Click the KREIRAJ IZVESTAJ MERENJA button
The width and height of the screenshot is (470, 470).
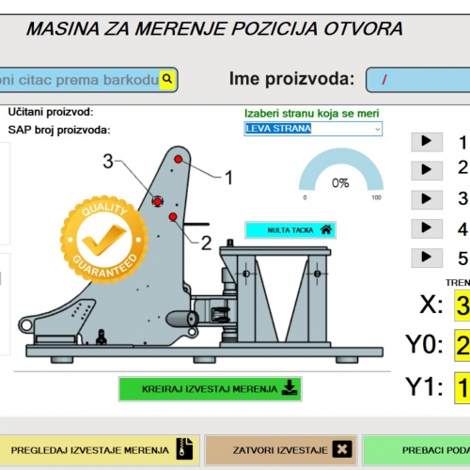211,388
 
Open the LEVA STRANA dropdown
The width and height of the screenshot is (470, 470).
313,128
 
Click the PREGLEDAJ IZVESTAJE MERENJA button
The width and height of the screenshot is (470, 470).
99,450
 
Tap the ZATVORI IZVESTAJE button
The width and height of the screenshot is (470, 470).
281,450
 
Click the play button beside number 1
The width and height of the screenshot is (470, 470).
426,142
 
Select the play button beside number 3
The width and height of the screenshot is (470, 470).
426,199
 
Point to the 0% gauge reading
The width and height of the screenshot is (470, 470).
339,182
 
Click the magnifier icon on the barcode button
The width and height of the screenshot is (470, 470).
167,79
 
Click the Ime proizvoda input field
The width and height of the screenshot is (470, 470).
417,79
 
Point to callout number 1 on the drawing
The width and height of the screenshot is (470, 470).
227,175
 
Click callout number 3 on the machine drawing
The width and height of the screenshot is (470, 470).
108,162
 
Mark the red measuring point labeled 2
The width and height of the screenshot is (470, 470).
173,218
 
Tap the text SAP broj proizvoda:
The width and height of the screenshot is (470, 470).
59,130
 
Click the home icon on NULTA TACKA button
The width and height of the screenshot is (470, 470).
325,228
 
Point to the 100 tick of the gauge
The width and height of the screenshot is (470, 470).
377,197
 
